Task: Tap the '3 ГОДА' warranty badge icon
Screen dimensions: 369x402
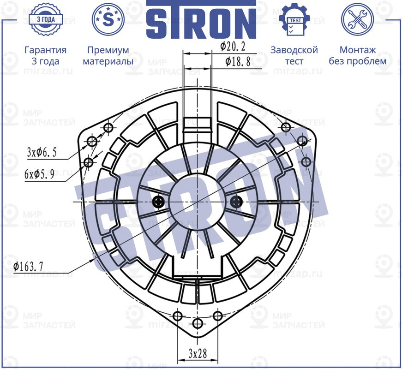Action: tap(45, 19)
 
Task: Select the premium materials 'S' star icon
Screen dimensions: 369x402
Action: tap(108, 19)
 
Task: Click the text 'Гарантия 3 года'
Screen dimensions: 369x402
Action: tap(45, 55)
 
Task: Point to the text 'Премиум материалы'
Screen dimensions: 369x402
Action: tap(108, 55)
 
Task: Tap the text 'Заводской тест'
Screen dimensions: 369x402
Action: tap(294, 55)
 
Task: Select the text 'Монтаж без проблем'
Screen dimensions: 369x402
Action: tap(357, 55)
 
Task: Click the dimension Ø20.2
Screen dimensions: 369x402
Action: tap(233, 47)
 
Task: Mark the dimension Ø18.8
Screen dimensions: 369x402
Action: tap(238, 62)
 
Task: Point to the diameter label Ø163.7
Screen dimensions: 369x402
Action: tap(29, 266)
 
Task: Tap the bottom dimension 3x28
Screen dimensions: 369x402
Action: tap(198, 353)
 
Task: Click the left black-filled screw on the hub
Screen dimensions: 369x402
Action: tap(159, 202)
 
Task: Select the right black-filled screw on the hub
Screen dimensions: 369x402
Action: tap(236, 202)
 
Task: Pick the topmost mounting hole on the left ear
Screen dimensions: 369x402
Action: tap(109, 127)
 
